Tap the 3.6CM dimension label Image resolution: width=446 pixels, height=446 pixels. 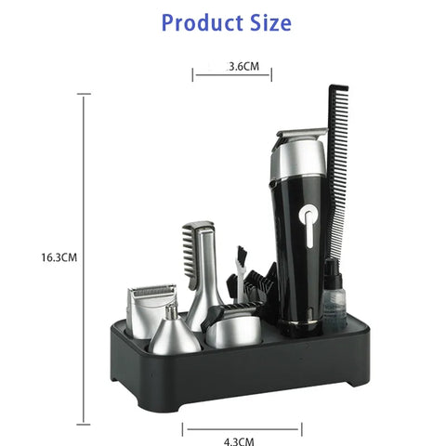(243, 66)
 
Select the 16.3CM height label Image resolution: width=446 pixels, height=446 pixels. (59, 257)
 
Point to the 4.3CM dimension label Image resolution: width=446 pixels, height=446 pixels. (239, 441)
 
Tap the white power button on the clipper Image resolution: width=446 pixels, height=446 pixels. (308, 223)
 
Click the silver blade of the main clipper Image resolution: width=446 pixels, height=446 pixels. (302, 133)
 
